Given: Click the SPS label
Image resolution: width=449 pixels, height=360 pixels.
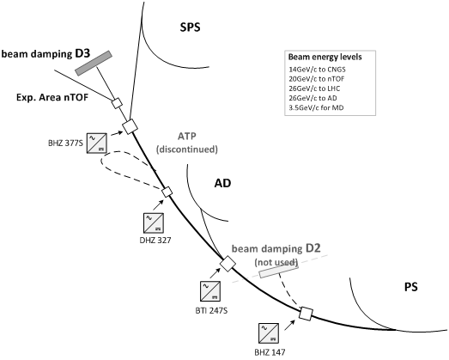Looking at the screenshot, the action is point(190,27).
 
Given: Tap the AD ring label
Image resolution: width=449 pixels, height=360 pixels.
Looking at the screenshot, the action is point(222,183).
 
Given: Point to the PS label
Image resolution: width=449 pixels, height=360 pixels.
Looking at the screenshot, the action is point(411,287).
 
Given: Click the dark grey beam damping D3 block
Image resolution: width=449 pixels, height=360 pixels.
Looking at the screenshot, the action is point(94,63).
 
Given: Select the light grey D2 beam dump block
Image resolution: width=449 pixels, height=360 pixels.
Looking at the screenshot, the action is point(279,270).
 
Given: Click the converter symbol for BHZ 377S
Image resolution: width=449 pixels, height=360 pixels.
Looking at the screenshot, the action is point(97,143).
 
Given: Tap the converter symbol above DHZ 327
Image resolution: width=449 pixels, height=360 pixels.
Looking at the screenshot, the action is point(154,223).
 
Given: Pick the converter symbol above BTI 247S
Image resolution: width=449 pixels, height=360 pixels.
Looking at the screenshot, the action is point(210,291).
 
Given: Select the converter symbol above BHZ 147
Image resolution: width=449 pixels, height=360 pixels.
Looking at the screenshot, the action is point(269,333).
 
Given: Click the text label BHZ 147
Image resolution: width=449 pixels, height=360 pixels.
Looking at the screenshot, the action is point(270,352).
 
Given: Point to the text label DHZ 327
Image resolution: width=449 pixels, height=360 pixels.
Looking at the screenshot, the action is point(155,241).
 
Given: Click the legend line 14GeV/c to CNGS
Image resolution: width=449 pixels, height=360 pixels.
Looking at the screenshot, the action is point(317,70).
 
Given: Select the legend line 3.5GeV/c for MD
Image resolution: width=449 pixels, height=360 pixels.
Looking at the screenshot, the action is point(316,107).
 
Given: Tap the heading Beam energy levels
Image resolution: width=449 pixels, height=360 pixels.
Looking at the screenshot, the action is point(325,57).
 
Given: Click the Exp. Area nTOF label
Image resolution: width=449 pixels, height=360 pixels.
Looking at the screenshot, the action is point(52,97).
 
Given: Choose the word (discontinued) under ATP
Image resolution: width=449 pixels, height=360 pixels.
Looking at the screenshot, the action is point(186,149).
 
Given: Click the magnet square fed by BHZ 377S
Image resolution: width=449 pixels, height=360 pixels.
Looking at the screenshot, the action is point(130,126).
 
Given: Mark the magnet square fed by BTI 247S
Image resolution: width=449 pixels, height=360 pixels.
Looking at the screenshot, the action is point(228,264).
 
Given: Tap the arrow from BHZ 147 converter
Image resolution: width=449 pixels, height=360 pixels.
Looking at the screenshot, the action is point(290,326).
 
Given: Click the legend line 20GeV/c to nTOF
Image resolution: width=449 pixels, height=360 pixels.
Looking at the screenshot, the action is point(317,79).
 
